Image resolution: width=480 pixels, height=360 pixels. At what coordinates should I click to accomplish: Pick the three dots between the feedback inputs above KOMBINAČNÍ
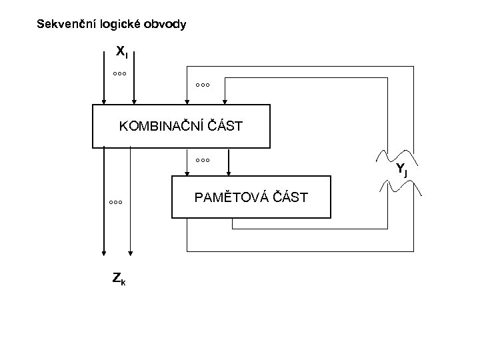click(203, 85)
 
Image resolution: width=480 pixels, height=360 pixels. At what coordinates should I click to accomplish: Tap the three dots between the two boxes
click(203, 160)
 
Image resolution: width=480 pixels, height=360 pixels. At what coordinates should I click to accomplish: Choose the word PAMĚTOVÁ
click(226, 197)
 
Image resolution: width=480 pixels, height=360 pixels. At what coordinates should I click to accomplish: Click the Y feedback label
click(401, 169)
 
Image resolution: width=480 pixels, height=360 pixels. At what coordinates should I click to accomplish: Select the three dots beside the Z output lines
click(115, 201)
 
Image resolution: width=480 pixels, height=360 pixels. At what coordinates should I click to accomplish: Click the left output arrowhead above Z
click(104, 252)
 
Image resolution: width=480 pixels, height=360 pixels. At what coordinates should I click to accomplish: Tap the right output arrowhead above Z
click(131, 252)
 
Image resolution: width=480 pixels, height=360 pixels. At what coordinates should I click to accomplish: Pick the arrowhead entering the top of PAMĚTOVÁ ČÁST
click(229, 171)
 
